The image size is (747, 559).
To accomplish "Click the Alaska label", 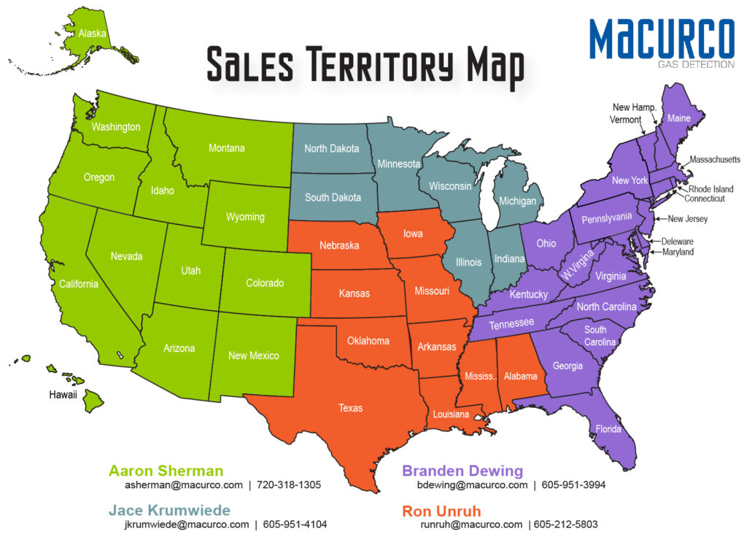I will [x=92, y=34].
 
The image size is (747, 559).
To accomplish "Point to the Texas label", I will [x=350, y=408].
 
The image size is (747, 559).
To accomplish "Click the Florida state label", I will [x=608, y=429].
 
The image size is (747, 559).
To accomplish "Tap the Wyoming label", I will [x=245, y=217].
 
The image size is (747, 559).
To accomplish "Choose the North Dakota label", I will [x=331, y=149].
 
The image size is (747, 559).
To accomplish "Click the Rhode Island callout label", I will [x=711, y=189].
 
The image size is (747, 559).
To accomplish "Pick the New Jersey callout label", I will [x=687, y=219].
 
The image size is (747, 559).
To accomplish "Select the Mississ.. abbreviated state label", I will [x=480, y=377].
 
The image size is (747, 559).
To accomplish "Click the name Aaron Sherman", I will [x=166, y=471].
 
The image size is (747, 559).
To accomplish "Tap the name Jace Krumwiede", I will [x=169, y=510].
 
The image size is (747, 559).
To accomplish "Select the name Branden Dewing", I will [x=462, y=471].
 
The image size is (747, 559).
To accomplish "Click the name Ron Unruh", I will [x=442, y=510].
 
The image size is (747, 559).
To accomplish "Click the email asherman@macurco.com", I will [x=184, y=485].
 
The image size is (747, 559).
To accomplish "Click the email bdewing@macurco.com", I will [x=472, y=485].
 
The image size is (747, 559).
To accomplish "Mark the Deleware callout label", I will [x=677, y=242].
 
